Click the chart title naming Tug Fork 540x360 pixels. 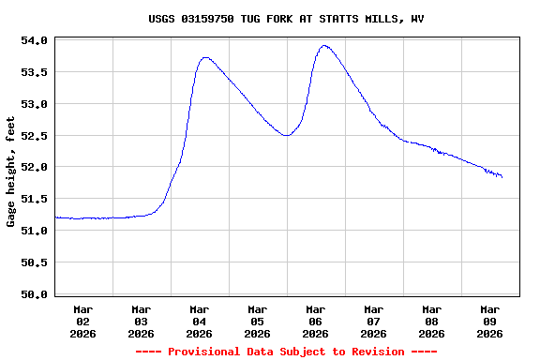[286, 19]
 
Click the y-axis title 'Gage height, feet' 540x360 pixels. [11, 172]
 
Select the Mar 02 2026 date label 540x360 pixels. [83, 321]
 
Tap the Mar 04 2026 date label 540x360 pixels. [199, 321]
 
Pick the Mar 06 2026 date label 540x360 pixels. [315, 321]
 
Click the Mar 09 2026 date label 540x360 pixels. [489, 321]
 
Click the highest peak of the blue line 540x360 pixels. [324, 45]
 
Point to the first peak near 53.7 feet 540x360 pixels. [205, 58]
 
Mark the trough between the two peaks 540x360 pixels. [286, 135]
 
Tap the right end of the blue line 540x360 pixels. [502, 176]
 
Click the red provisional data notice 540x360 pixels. [286, 352]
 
